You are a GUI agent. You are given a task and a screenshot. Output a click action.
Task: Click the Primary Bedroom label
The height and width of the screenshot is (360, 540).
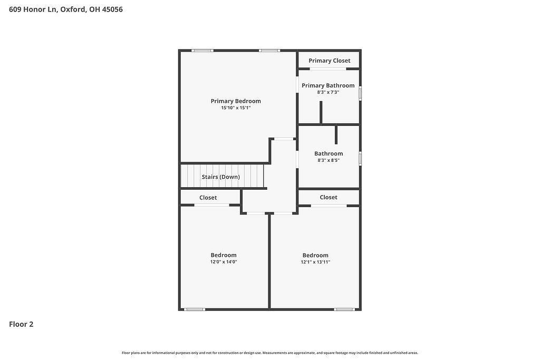click(236, 101)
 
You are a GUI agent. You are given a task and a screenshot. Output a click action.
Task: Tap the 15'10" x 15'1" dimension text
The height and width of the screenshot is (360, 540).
click(236, 108)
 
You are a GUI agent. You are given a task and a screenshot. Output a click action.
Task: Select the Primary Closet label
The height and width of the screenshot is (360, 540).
click(329, 61)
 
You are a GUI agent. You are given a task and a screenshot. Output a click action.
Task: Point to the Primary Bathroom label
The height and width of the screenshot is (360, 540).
click(328, 85)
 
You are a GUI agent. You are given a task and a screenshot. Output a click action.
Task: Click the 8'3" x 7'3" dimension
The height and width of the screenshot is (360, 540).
click(328, 92)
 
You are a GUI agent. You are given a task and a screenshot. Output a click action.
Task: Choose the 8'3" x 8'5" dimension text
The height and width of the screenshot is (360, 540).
click(329, 160)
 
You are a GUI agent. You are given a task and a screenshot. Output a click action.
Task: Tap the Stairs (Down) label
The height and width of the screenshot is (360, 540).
click(221, 177)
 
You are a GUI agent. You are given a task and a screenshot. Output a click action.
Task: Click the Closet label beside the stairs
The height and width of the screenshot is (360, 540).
click(208, 198)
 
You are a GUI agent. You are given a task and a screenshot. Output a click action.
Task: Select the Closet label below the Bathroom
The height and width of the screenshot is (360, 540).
click(329, 197)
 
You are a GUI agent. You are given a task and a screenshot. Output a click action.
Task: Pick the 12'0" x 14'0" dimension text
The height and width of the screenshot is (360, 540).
click(224, 262)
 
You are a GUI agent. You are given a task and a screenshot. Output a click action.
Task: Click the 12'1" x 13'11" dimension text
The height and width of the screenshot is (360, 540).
click(315, 262)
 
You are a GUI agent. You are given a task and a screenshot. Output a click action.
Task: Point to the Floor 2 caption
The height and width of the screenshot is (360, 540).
click(21, 324)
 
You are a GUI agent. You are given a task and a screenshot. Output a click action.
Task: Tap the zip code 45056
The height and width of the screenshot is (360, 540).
click(112, 9)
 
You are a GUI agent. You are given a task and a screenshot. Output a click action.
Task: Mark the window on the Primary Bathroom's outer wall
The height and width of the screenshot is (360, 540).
click(360, 93)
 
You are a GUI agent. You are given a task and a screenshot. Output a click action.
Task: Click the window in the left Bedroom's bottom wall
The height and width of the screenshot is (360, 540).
click(195, 309)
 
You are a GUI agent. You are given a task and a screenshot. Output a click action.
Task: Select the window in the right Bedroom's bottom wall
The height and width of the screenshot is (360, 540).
click(344, 309)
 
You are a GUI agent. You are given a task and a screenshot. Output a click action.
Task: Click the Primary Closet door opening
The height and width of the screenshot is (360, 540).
click(328, 69)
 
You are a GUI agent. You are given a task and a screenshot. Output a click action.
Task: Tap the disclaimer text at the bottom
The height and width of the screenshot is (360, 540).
click(270, 353)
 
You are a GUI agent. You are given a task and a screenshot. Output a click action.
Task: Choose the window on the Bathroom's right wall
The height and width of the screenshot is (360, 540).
click(360, 159)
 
